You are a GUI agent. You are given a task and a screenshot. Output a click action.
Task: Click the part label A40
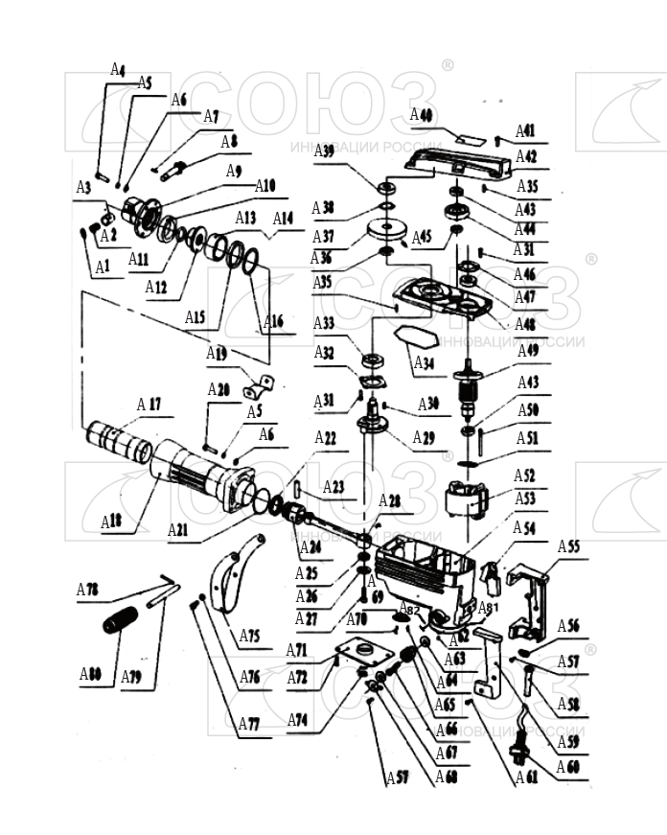pyautogui.click(x=422, y=115)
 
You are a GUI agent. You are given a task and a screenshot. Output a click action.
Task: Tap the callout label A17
pyautogui.click(x=149, y=405)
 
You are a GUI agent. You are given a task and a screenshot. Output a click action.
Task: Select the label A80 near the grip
pyautogui.click(x=90, y=674)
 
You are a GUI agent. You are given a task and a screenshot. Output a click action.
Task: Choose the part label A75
pyautogui.click(x=249, y=636)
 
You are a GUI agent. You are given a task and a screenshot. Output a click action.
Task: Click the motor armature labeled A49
pyautogui.click(x=470, y=388)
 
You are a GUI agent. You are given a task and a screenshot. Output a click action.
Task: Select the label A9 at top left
pyautogui.click(x=234, y=171)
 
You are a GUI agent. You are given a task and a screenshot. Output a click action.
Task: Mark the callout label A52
pyautogui.click(x=524, y=475)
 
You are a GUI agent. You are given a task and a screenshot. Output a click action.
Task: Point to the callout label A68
pyautogui.click(x=447, y=777)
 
